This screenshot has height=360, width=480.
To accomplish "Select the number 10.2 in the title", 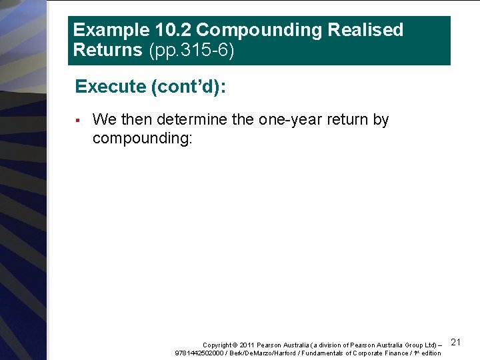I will (x=164, y=30).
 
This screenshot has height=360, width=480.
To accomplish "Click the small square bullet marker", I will (x=77, y=121).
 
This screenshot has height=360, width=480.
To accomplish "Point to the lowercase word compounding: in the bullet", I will (x=142, y=138).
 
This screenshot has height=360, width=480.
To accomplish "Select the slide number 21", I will (x=456, y=342).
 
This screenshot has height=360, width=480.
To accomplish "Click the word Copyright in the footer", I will (x=217, y=345).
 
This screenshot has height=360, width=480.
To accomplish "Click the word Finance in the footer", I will (x=398, y=353).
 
